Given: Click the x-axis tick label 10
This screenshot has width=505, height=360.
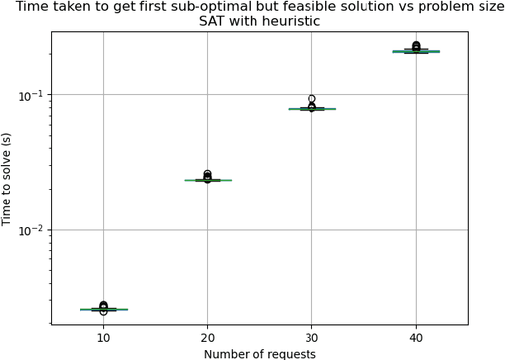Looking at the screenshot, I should [x=103, y=338].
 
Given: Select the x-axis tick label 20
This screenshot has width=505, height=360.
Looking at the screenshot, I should [x=207, y=338].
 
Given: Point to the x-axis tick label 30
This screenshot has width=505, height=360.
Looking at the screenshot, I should [x=312, y=338].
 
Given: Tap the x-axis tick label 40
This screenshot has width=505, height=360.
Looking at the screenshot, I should [x=416, y=338].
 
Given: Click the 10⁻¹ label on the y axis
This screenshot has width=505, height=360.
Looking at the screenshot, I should [x=31, y=95].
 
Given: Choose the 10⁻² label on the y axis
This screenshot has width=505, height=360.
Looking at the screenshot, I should [x=31, y=230].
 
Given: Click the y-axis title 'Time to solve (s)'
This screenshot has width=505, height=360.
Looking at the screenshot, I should [x=7, y=178].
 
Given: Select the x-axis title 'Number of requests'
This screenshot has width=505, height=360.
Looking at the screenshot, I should [x=259, y=354].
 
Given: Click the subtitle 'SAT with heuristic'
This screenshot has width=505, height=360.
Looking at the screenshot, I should [x=259, y=21].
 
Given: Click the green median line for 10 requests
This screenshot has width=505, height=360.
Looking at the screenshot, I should [x=103, y=310].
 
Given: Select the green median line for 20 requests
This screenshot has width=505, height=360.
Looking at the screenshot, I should [x=207, y=180].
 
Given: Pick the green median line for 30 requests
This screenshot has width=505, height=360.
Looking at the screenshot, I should [x=312, y=109].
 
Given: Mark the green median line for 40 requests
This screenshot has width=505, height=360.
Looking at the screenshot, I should [x=416, y=51].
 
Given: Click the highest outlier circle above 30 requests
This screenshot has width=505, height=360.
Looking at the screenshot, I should [x=312, y=99].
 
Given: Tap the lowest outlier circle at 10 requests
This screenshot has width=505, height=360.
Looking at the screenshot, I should [x=103, y=312].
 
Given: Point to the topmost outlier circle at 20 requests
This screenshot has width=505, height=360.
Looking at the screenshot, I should [x=207, y=174].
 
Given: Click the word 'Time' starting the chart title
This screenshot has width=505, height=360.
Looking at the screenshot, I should [x=31, y=7].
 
